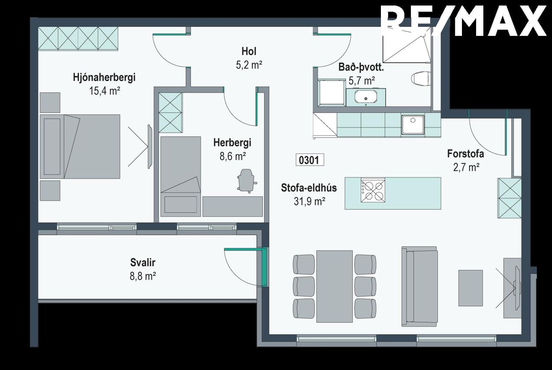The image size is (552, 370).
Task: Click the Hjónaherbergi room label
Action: (x=104, y=78)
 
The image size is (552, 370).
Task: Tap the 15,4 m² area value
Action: (x=105, y=91)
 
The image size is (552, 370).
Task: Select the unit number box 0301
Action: (x=310, y=160)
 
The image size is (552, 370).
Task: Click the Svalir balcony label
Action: (x=142, y=262)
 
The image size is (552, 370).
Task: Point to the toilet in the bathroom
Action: (x=421, y=79)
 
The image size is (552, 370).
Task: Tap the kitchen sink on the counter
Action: (x=413, y=125)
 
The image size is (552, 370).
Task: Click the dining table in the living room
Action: (x=334, y=286)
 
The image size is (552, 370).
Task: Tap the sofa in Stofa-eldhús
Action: (x=420, y=286)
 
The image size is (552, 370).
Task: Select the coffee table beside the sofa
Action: (x=471, y=288)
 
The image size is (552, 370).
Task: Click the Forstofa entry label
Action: (x=465, y=154)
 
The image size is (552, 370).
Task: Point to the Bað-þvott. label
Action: (x=361, y=67)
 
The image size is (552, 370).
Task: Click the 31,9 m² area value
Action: (x=310, y=201)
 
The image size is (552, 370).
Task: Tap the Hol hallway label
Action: (x=249, y=51)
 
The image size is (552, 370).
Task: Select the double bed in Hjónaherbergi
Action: (x=80, y=146)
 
